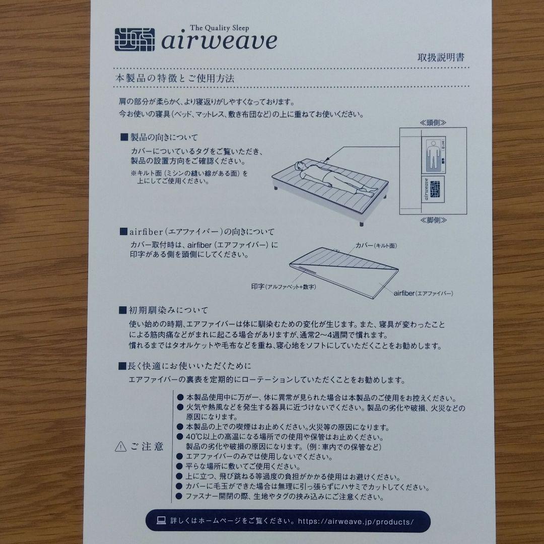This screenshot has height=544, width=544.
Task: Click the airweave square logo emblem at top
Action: pos(134,40)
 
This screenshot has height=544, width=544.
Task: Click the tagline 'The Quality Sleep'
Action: pos(219,28)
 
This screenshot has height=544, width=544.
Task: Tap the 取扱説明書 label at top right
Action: pos(441,57)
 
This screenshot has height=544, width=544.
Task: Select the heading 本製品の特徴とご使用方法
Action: pos(174,78)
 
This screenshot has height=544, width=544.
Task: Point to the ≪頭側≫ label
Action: pos(433,122)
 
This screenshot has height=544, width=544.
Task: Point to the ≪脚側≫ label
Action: pos(433,220)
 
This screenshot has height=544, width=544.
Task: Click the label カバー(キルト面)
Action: pos(376,246)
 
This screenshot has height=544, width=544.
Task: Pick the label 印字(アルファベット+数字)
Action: pos(284,287)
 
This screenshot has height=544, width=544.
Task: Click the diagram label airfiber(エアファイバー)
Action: pos(423,294)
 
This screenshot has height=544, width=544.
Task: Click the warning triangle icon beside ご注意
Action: pos(120,446)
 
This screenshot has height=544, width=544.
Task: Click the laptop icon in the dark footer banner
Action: pos(161,520)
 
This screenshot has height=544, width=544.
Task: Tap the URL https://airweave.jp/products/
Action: pos(356,522)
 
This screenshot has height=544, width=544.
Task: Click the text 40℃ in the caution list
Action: pos(193,437)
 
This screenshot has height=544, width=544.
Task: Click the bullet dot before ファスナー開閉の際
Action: pos(179,496)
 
